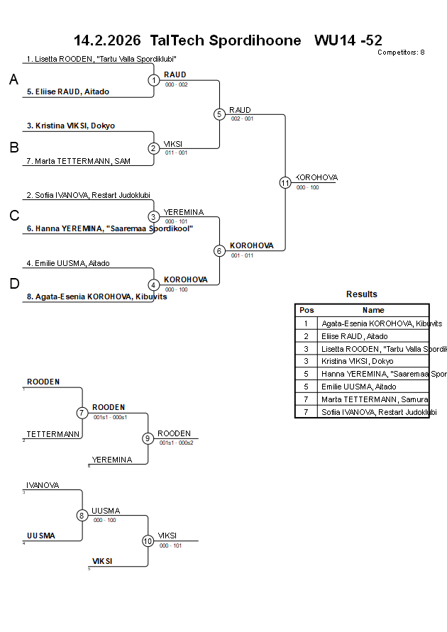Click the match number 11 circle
[285, 183]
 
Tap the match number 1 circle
[154, 80]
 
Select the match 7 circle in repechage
[82, 413]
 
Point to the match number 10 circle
[148, 541]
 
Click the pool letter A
[13, 80]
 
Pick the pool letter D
[13, 284]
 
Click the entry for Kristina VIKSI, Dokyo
[71, 126]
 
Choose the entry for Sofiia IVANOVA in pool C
[88, 195]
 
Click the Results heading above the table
[362, 294]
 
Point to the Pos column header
[307, 310]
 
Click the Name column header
[373, 310]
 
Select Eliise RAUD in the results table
[355, 336]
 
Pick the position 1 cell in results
[307, 323]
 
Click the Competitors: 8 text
[401, 52]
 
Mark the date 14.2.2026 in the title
[107, 40]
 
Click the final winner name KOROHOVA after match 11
[317, 177]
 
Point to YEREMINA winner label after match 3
[184, 212]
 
